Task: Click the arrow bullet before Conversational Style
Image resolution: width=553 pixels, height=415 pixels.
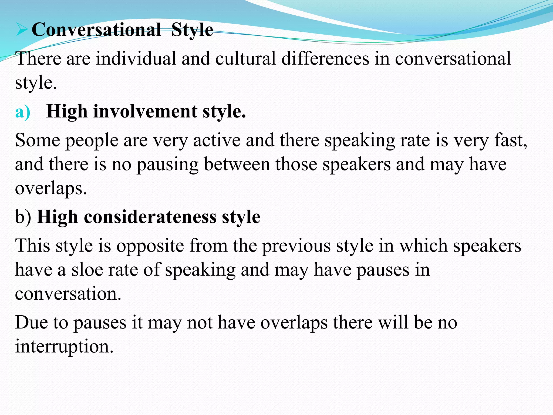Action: coord(22,29)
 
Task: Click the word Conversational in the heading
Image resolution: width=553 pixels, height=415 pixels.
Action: coord(96,29)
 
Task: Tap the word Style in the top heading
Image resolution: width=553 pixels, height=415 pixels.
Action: coord(192,30)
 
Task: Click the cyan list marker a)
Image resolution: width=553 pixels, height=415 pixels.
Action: coord(23,112)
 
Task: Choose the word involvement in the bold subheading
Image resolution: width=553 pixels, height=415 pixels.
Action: coord(145,112)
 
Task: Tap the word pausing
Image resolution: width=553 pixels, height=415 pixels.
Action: coord(167,164)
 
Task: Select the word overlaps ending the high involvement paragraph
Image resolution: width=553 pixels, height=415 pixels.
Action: coord(50,188)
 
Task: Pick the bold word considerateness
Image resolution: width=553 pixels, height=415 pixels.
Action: coord(150,217)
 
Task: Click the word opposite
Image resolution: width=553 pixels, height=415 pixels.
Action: coord(150,246)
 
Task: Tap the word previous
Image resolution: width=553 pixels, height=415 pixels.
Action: coord(296,246)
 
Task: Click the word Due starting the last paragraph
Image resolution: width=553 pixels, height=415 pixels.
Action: coord(31,323)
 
